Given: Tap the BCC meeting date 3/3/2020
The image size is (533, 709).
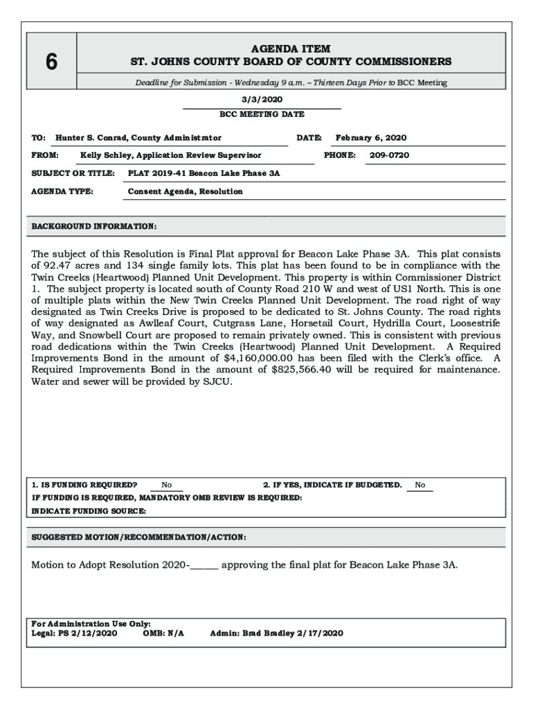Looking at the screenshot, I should pyautogui.click(x=261, y=99).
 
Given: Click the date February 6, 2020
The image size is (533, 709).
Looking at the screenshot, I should pyautogui.click(x=371, y=138).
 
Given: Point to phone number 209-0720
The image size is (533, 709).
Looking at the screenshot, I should pyautogui.click(x=389, y=155).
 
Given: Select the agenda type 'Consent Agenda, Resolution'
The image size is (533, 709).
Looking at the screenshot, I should pyautogui.click(x=186, y=191).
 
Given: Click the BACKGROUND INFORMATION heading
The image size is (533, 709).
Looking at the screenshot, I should pyautogui.click(x=94, y=226).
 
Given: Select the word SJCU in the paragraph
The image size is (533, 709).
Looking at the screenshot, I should pyautogui.click(x=217, y=381).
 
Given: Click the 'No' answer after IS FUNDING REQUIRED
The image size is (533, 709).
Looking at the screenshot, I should pyautogui.click(x=167, y=485).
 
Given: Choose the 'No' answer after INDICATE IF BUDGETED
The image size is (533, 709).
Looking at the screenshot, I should pyautogui.click(x=420, y=485).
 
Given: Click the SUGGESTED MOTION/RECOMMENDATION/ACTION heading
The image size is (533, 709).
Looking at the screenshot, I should pyautogui.click(x=138, y=537).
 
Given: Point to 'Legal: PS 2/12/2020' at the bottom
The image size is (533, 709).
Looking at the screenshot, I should pyautogui.click(x=74, y=633).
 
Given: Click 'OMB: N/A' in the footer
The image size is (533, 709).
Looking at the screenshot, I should pyautogui.click(x=163, y=633).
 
